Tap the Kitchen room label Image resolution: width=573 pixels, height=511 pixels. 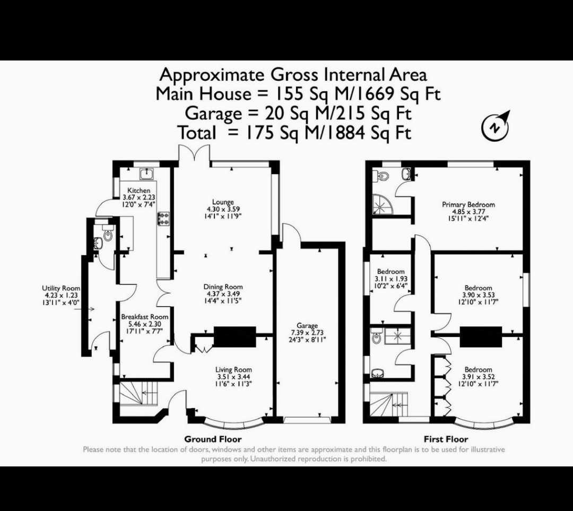coord(138,190)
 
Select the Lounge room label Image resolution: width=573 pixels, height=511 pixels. coord(223,202)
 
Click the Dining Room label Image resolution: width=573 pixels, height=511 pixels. coord(223,287)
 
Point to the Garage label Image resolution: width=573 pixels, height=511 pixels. coord(307,326)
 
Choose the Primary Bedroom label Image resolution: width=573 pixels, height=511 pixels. coord(468,205)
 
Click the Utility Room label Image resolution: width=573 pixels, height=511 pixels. coord(61,288)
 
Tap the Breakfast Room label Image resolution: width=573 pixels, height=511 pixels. coord(145,317)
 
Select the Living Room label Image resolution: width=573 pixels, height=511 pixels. coord(233,369)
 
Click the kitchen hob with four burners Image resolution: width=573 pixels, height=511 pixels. coord(163,219)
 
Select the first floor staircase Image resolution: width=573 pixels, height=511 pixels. coord(389,404)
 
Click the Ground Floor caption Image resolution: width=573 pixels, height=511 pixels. coord(213,439)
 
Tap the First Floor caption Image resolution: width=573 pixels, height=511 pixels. coord(446,439)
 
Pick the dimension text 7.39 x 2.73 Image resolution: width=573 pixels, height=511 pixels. coord(307,333)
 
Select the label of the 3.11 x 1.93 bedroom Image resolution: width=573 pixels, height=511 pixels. coord(390,272)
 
